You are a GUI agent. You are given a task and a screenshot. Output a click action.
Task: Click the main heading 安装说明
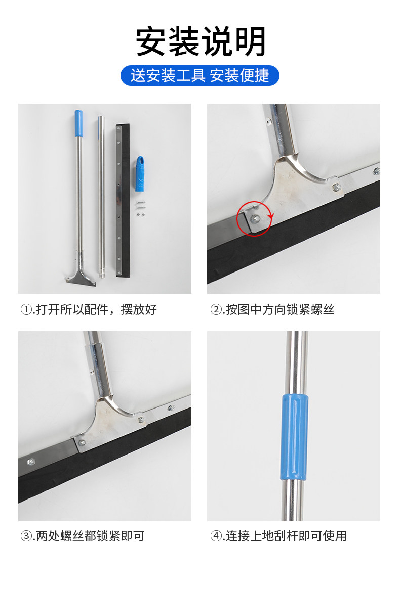pyautogui.click(x=201, y=41)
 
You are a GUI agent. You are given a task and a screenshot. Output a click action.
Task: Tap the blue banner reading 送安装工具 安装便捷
pyautogui.click(x=200, y=75)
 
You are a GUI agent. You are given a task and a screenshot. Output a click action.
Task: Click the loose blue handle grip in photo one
pyautogui.click(x=140, y=174)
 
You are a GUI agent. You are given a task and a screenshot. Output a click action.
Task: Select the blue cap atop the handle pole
pyautogui.click(x=78, y=123)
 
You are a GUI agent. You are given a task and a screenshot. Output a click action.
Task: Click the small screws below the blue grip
pyautogui.click(x=140, y=209)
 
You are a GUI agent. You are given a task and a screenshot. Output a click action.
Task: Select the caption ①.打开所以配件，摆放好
pyautogui.click(x=89, y=310)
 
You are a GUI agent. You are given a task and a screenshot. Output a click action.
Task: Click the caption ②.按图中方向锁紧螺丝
pyautogui.click(x=272, y=310)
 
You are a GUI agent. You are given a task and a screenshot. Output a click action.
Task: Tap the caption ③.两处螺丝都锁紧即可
pyautogui.click(x=83, y=536)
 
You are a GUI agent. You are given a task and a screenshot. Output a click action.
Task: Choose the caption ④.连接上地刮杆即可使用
pyautogui.click(x=278, y=536)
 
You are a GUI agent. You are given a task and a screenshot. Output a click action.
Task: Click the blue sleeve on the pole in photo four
pyautogui.click(x=295, y=437)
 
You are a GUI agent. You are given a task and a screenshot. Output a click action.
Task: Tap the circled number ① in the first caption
pyautogui.click(x=26, y=310)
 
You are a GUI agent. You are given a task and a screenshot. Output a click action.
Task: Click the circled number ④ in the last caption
pyautogui.click(x=216, y=536)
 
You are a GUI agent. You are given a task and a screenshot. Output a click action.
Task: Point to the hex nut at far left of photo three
pyautogui.click(x=31, y=461)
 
